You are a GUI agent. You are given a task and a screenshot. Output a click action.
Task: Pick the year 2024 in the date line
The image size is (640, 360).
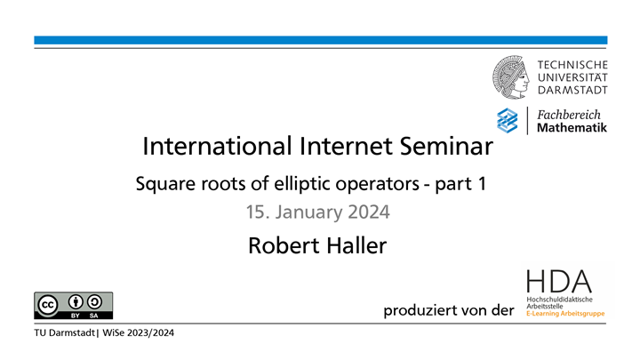pyautogui.click(x=368, y=213)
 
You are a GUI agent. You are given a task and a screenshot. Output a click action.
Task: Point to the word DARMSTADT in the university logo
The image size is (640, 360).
pyautogui.click(x=572, y=91)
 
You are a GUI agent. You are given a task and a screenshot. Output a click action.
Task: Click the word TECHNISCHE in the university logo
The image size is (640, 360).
pyautogui.click(x=573, y=65)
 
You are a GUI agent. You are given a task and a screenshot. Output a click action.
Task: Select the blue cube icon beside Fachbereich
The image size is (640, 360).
pyautogui.click(x=507, y=120)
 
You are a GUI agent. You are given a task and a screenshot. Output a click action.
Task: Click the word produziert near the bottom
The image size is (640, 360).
pyautogui.click(x=419, y=310)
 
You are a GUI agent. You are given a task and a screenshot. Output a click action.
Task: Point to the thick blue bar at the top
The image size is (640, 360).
pyautogui.click(x=320, y=40)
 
